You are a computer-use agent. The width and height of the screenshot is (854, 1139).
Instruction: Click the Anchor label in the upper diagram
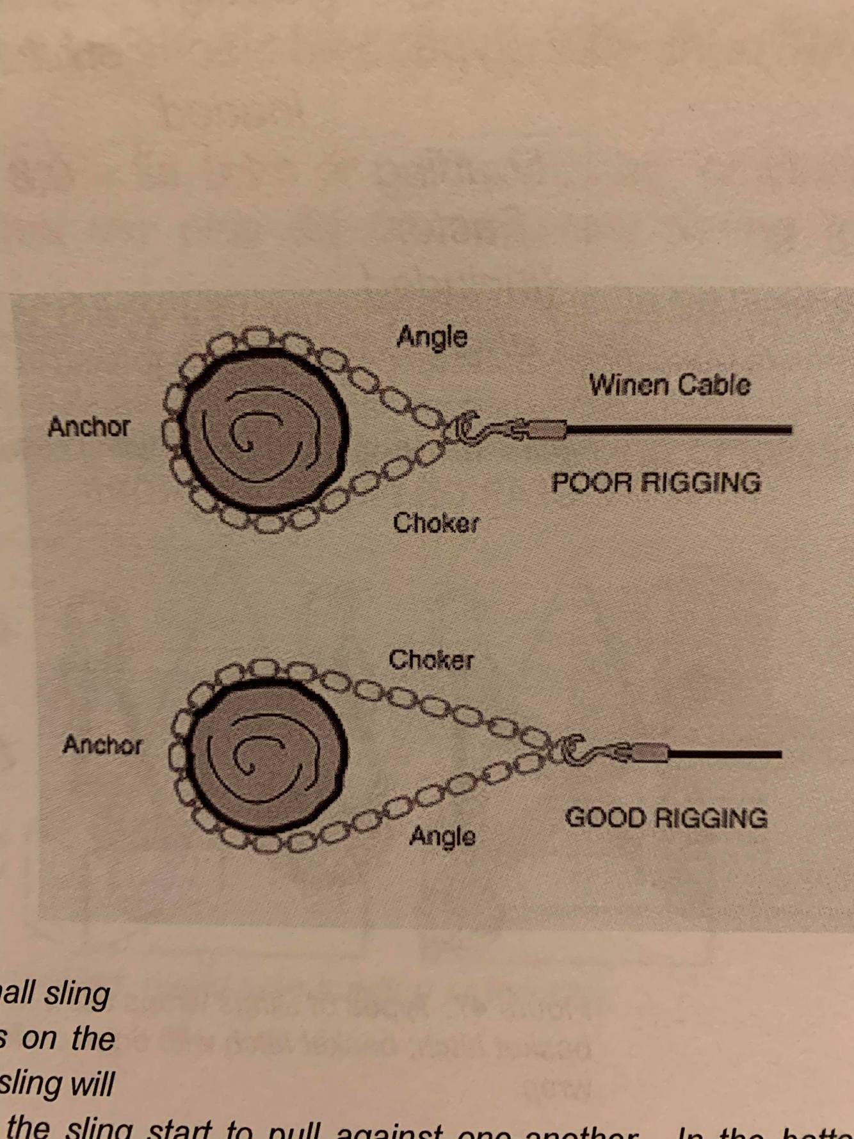(89, 426)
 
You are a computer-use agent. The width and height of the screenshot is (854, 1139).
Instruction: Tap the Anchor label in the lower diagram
(102, 745)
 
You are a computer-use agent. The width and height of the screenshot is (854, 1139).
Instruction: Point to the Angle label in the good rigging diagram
(442, 836)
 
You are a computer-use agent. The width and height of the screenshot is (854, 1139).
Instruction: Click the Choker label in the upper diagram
(435, 523)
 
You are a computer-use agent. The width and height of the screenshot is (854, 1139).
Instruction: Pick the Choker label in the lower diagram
(431, 659)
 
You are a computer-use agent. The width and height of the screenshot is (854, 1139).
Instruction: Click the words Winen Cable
(669, 385)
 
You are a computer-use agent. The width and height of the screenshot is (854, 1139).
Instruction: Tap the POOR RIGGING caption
(656, 481)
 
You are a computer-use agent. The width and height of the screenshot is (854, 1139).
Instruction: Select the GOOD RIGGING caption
(666, 818)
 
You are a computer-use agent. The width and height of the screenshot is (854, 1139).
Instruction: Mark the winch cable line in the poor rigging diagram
(679, 430)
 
